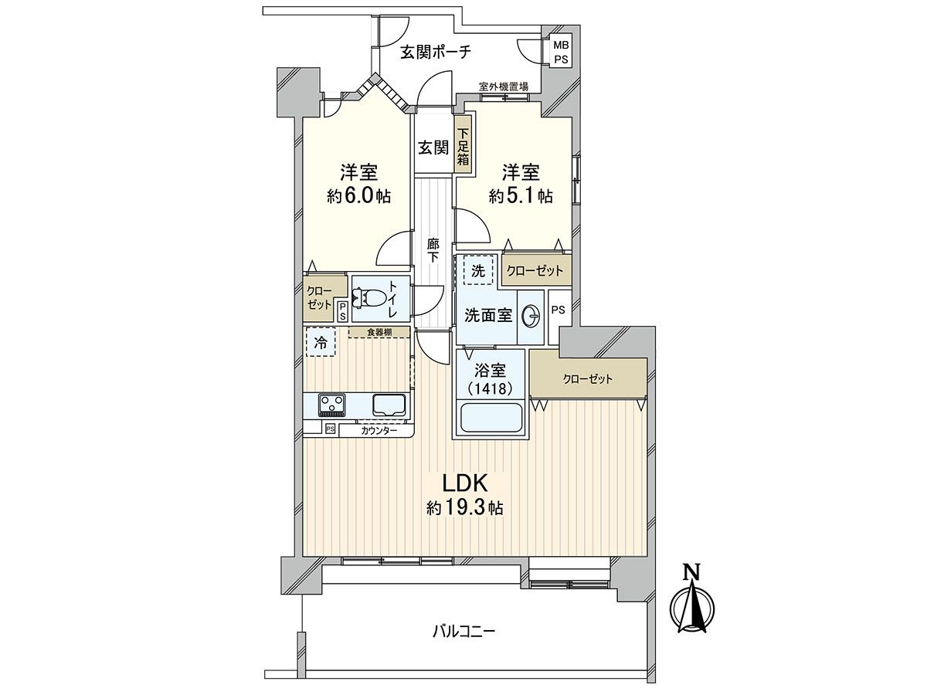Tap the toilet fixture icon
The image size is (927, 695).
tap(368, 299)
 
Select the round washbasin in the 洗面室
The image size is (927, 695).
tap(531, 316)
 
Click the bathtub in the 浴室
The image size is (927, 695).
tap(491, 418)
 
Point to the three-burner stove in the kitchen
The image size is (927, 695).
tap(331, 403)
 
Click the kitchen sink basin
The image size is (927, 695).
tap(389, 405)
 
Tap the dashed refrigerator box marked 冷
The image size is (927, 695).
tap(321, 342)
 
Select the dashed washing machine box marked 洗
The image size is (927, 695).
tap(478, 270)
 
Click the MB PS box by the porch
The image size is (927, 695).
tap(562, 52)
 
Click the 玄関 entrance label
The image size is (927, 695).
tap(433, 147)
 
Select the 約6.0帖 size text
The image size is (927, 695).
tap(358, 196)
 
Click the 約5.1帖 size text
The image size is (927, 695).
tap(521, 196)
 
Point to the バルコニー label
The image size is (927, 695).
tap(463, 643)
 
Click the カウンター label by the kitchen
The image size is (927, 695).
tap(379, 431)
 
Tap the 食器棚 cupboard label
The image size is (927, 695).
tap(379, 332)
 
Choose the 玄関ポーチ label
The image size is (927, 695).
tap(436, 53)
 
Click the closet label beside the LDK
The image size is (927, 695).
tap(587, 379)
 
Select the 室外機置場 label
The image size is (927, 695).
tap(504, 86)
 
